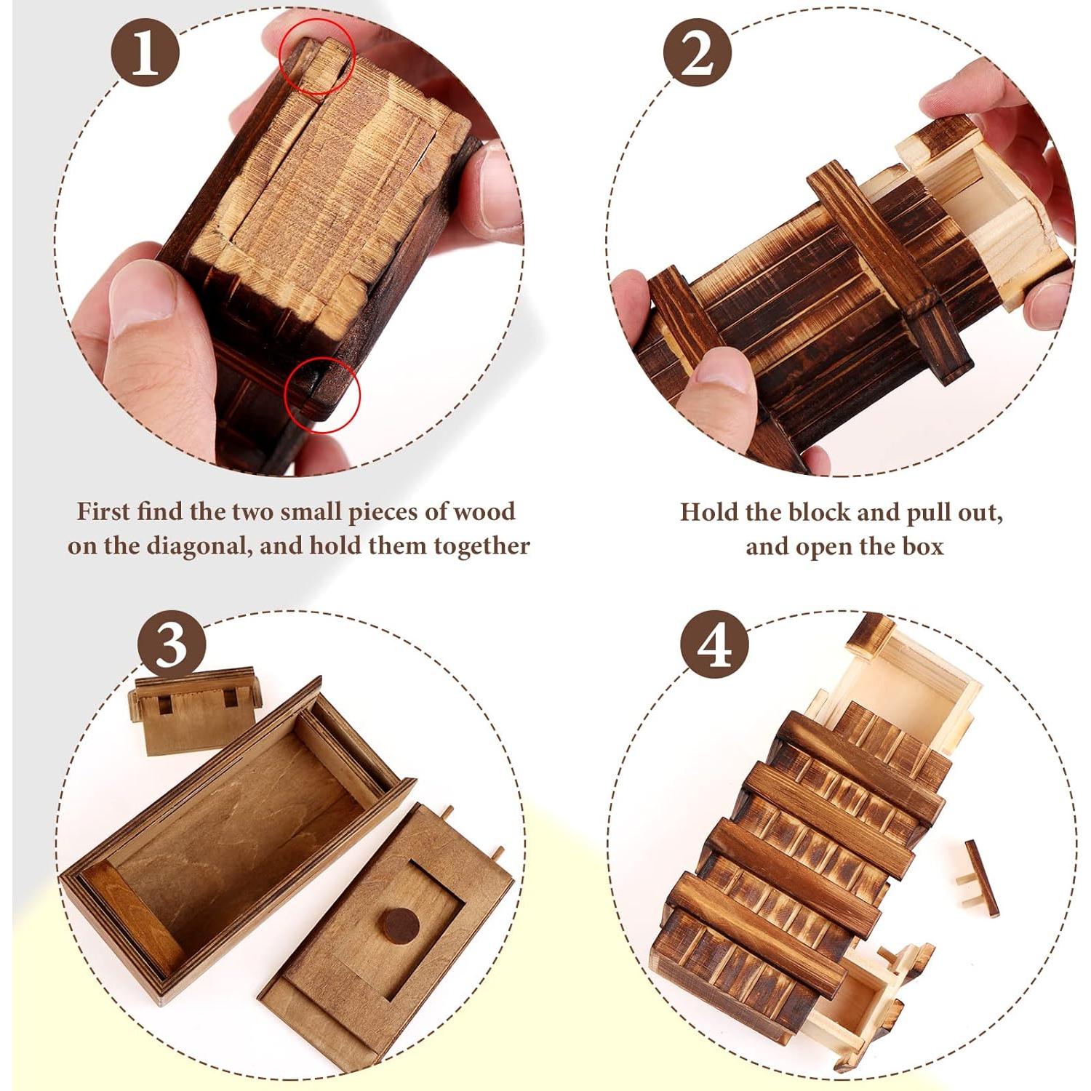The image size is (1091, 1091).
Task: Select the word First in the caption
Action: (x=103, y=511)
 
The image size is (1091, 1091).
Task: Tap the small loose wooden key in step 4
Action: (x=980, y=876)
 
